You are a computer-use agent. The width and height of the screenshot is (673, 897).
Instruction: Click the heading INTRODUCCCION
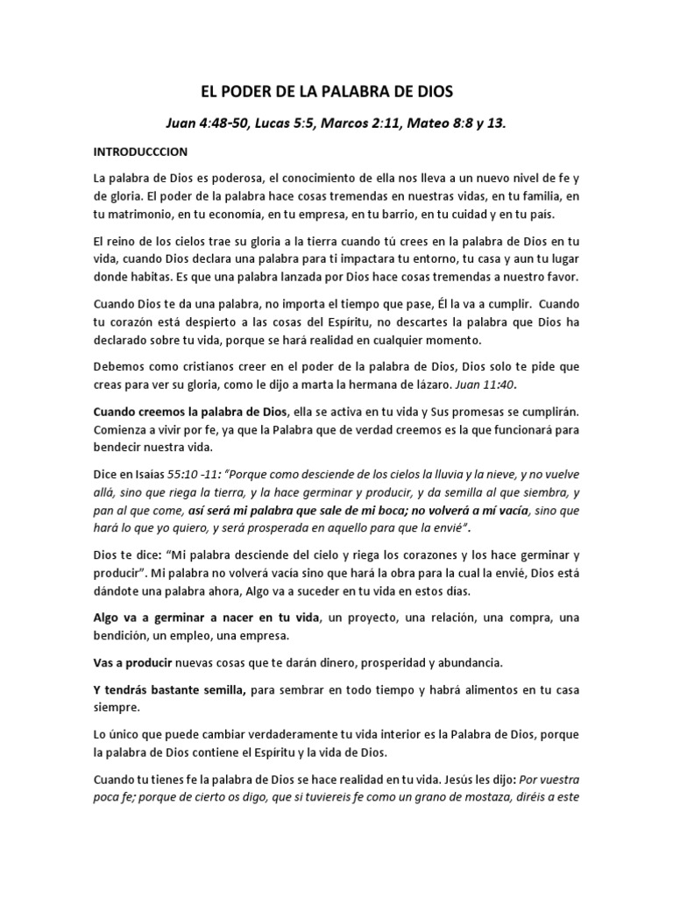(140, 152)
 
